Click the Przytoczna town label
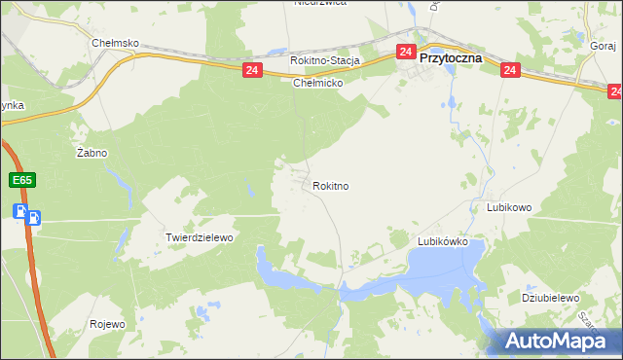point(453,57)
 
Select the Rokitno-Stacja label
point(325,60)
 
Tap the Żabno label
point(92,153)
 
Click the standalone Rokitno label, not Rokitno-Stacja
point(331,185)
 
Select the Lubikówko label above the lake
point(443,240)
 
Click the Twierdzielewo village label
point(200,237)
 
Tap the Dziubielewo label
point(551,298)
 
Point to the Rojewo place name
point(107,324)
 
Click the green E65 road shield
point(22,181)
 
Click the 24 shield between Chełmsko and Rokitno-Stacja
point(252,70)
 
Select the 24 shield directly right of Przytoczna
point(510,70)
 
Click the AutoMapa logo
point(560,341)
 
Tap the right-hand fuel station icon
point(34,217)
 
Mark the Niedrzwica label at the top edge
point(320,3)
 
